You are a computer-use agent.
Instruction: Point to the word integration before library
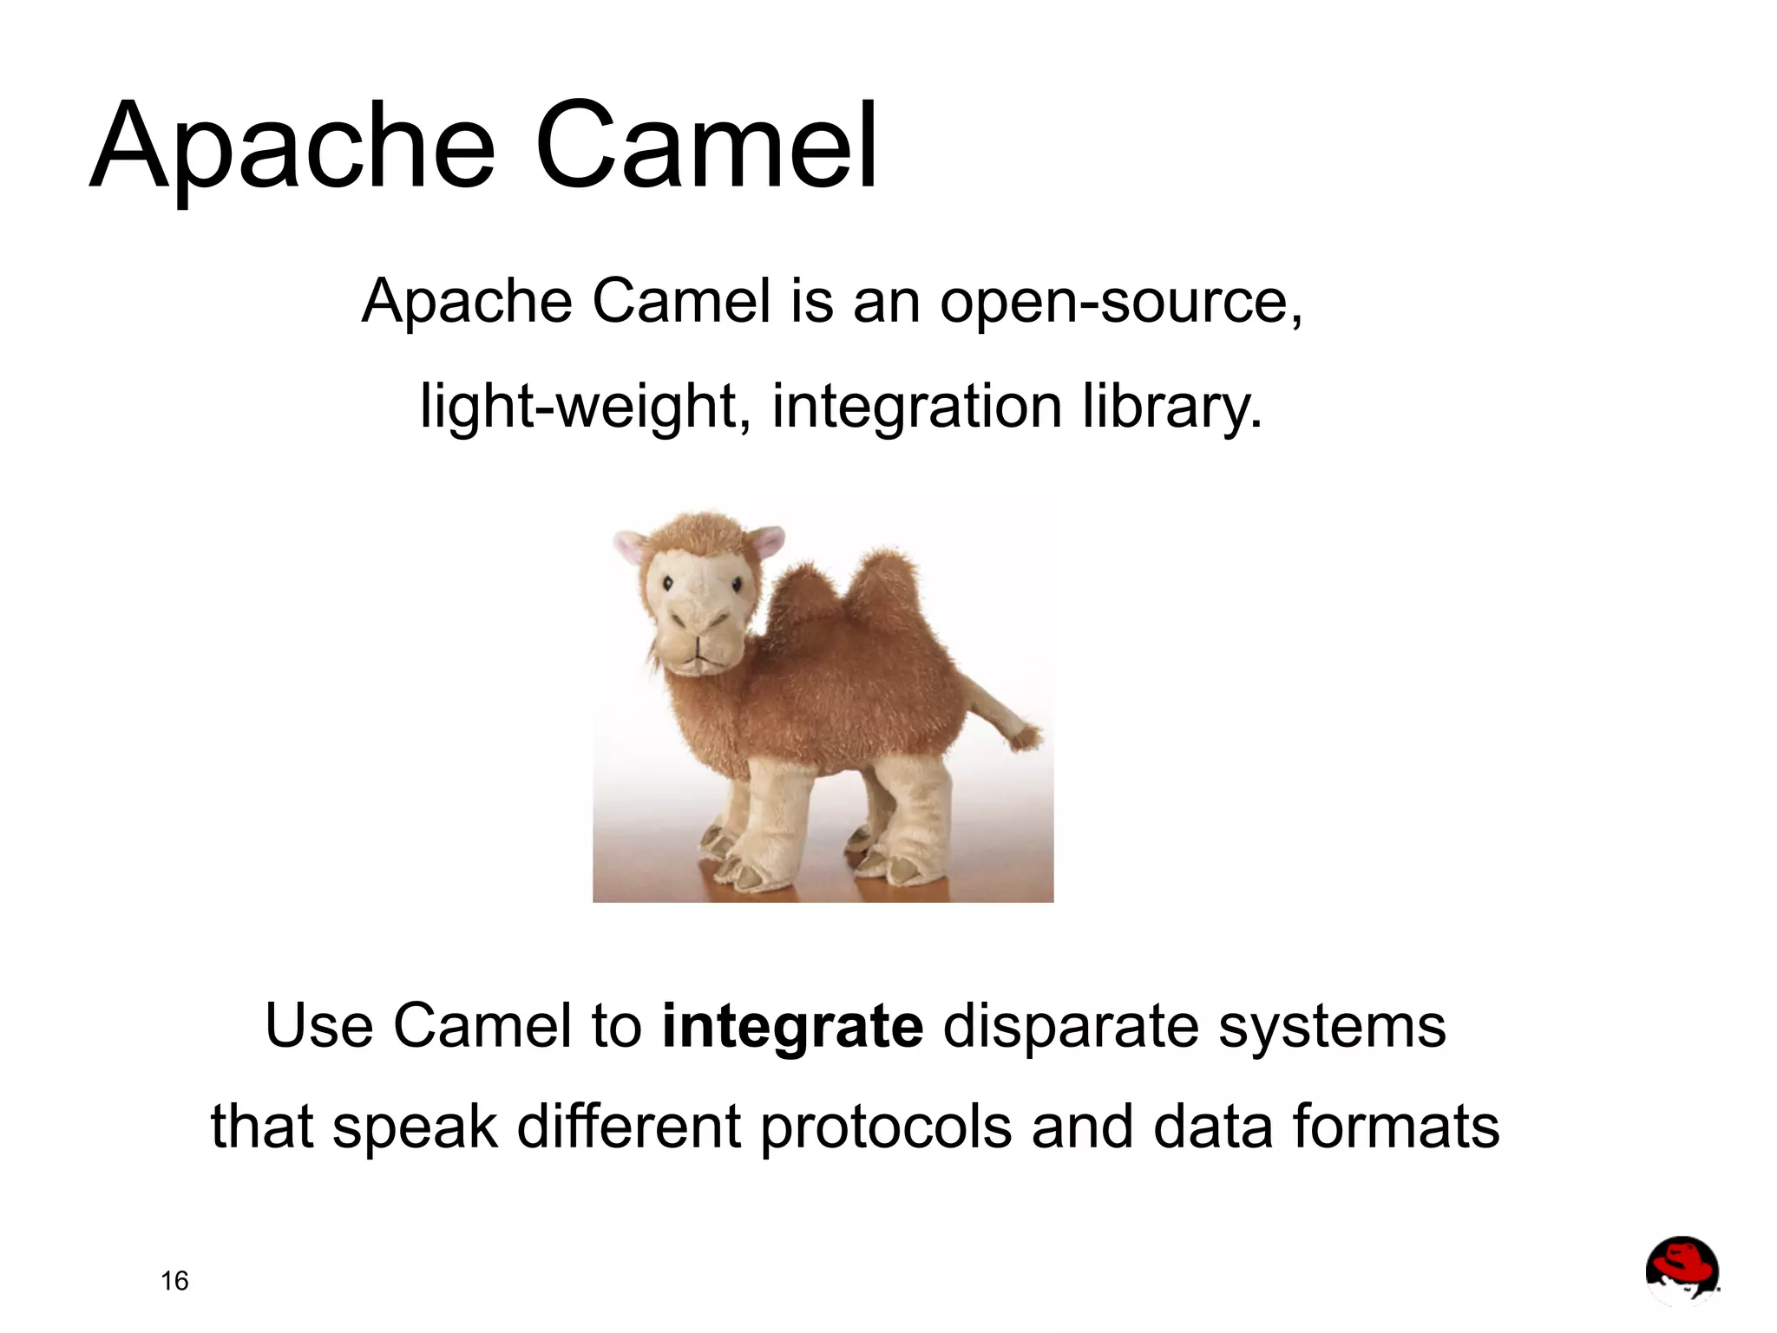click(x=916, y=406)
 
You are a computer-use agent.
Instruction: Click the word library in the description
click(x=1171, y=406)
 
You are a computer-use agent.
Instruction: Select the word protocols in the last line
click(x=885, y=1127)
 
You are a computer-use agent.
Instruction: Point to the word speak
click(x=415, y=1127)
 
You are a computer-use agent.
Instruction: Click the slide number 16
click(x=174, y=1281)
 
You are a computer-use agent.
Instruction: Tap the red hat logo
click(x=1682, y=1271)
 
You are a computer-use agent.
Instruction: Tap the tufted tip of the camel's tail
click(x=1026, y=736)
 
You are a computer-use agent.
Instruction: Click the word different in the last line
click(x=629, y=1127)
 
